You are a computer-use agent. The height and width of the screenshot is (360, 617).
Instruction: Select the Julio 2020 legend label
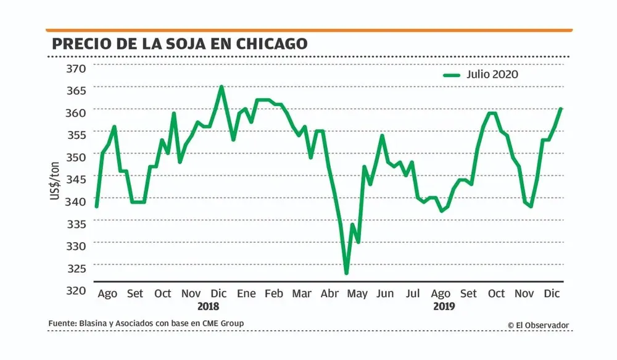point(492,74)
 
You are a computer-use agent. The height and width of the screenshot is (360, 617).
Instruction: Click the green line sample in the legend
point(452,75)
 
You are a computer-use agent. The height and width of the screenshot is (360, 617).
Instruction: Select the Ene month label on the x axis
point(246,293)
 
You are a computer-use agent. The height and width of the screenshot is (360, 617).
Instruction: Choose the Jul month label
point(413,293)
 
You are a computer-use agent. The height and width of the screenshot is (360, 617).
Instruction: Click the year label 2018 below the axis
point(208,306)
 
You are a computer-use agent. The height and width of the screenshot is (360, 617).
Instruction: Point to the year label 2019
point(444,306)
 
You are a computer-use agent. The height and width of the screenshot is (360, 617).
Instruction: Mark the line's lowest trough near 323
point(347,273)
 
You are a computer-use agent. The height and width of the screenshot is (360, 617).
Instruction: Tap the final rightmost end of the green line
point(561,109)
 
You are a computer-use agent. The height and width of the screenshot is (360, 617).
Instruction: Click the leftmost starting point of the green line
point(96,206)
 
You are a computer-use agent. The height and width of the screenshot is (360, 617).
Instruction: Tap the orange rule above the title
point(308,30)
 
